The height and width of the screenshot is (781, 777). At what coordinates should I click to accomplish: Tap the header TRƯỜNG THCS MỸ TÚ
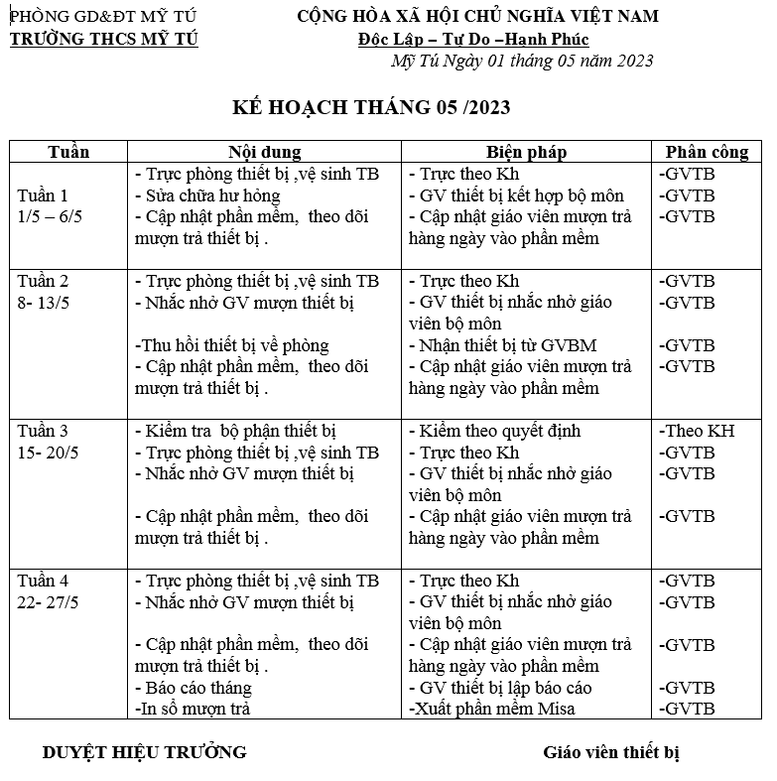click(x=104, y=39)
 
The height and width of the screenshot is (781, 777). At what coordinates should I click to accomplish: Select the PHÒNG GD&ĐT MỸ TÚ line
click(x=103, y=16)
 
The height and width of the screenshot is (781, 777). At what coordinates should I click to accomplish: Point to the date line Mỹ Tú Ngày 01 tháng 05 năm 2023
click(x=523, y=61)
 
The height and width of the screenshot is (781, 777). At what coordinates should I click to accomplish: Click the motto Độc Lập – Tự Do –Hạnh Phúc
click(x=473, y=39)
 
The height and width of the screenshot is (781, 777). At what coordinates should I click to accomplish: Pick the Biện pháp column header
click(x=526, y=152)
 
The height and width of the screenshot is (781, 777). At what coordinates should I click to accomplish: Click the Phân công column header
click(x=707, y=152)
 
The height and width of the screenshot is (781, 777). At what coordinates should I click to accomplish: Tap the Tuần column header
click(x=68, y=152)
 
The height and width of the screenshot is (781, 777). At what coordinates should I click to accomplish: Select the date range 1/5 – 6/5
click(x=57, y=216)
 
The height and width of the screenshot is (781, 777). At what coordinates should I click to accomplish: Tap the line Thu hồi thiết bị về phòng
click(x=232, y=345)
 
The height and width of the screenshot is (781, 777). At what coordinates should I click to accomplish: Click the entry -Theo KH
click(x=696, y=432)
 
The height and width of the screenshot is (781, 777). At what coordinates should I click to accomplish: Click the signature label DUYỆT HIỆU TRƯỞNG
click(x=144, y=752)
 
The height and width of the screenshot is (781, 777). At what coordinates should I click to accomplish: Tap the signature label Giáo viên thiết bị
click(x=611, y=752)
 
